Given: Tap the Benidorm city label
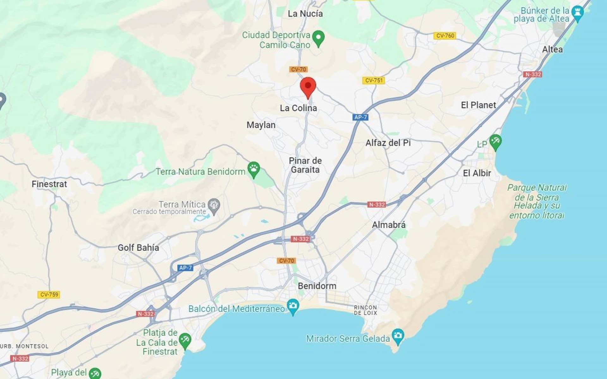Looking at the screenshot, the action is pos(317,286).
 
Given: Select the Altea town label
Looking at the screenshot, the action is pos(552,50).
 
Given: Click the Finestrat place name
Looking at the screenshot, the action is pos(49,184).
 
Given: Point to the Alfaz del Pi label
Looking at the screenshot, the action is pos(388,143).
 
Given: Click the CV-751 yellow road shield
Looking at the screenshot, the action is pos(374,80).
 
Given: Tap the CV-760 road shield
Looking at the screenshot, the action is pos(445,36).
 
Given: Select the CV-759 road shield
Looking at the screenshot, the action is pos(49,295).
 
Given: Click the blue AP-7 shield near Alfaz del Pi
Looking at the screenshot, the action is pos(360,117).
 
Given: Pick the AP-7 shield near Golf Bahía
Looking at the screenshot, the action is pos(185,268).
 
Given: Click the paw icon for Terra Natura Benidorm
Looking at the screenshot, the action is pos(254,168).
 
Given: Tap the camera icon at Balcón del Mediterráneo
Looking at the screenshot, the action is pos(293,306).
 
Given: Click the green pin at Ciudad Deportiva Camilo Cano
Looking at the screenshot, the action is pos(318,38).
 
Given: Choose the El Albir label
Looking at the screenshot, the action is pos(477,173).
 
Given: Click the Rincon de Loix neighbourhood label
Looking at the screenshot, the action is pos(365,310).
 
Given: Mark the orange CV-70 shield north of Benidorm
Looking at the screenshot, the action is pos(286,261).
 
